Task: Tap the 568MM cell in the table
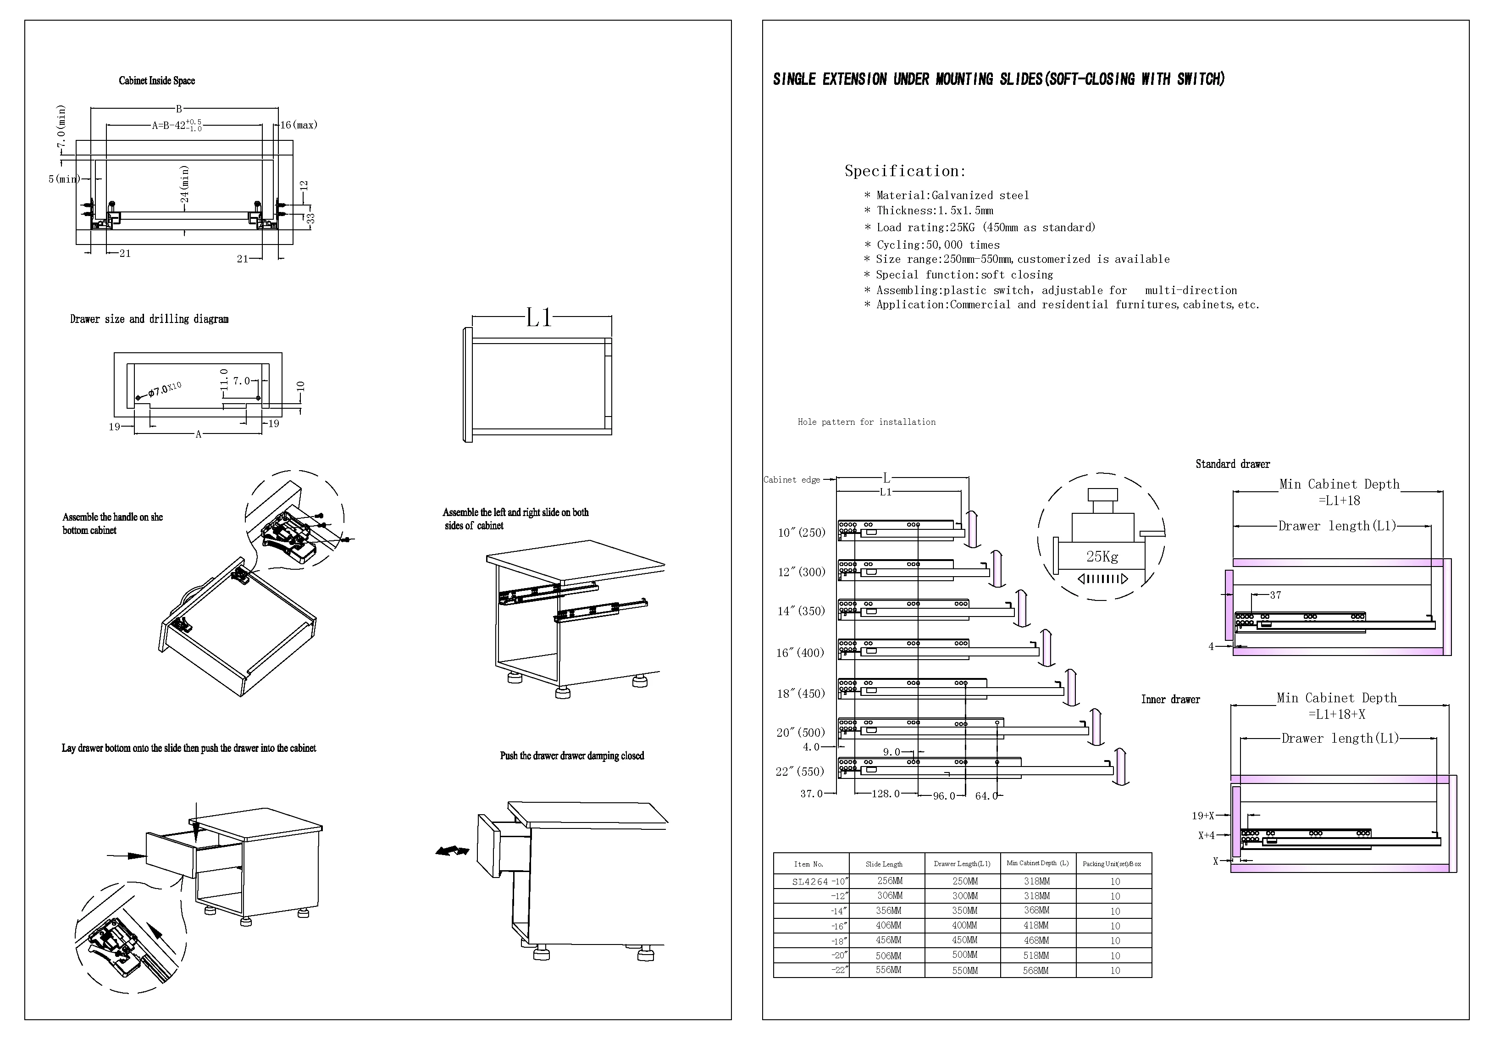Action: (x=1035, y=971)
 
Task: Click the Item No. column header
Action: (x=808, y=864)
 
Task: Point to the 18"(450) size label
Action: (x=801, y=693)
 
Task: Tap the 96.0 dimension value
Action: (x=944, y=795)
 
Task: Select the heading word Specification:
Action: (x=905, y=171)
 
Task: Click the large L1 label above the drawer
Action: (x=539, y=318)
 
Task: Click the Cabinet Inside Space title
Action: (x=157, y=81)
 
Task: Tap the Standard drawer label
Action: (x=1232, y=464)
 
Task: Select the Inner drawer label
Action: (x=1170, y=699)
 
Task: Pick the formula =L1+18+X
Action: (x=1336, y=714)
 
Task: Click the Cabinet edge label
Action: (x=792, y=480)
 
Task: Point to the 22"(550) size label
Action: (x=800, y=772)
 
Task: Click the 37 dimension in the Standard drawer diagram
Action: (x=1275, y=595)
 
